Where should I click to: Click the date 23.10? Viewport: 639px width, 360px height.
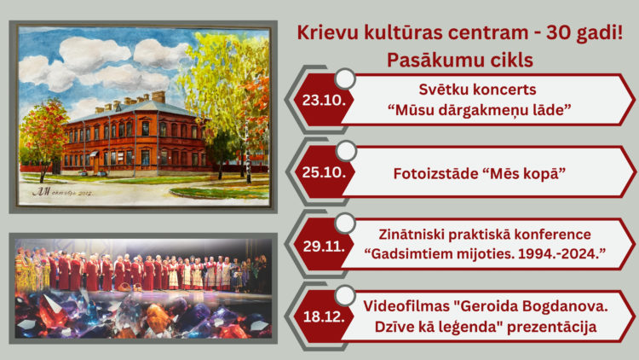(x=324, y=100)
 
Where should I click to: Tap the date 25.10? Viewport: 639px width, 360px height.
(x=324, y=172)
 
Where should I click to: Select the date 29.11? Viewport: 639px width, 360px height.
(x=324, y=247)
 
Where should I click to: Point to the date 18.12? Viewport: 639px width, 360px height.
(x=324, y=316)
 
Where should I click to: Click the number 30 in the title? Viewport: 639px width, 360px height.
(x=558, y=32)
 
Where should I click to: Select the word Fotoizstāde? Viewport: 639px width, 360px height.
(x=435, y=173)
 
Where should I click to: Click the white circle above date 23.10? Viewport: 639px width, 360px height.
(x=345, y=78)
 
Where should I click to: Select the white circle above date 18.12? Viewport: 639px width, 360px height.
(x=345, y=295)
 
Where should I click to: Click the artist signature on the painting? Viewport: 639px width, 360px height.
(x=63, y=192)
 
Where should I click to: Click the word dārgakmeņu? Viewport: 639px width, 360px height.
(x=493, y=110)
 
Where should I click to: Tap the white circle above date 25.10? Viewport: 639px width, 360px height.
(x=347, y=151)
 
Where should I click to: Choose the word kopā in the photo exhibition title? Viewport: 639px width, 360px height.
(x=541, y=174)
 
